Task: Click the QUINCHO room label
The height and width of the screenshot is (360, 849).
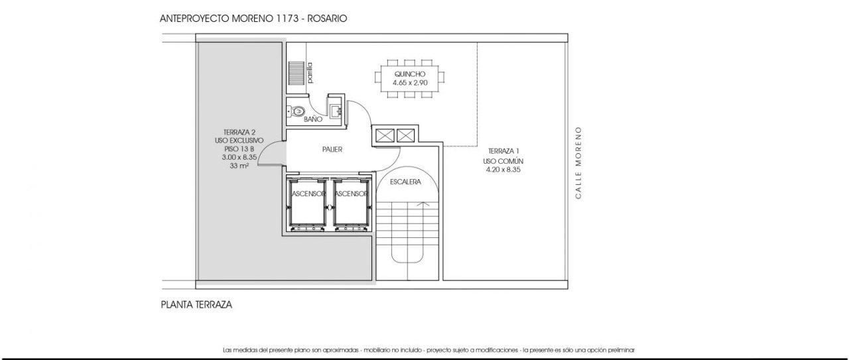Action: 410,74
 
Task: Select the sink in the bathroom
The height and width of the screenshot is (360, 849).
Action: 336,111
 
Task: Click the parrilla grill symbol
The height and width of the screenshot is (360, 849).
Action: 296,73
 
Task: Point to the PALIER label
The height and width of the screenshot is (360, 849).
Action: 332,149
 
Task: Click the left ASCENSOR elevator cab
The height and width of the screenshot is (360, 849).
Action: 307,205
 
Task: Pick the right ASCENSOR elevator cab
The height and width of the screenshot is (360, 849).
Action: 351,205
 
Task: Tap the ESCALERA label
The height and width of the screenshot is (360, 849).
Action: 405,182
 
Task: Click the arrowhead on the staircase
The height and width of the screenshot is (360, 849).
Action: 424,204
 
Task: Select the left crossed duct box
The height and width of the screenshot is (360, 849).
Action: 385,135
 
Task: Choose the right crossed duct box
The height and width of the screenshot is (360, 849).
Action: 405,135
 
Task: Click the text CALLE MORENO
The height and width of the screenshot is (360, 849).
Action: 578,162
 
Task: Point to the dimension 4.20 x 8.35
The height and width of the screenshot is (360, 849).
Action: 503,170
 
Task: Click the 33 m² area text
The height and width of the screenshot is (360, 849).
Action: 239,166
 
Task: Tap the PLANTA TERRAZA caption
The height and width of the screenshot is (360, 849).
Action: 196,305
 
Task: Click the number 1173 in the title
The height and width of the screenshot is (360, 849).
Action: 286,19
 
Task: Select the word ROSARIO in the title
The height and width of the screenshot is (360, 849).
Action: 327,19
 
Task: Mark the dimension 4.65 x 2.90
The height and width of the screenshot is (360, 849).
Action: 410,83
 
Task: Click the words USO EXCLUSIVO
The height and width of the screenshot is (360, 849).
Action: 239,141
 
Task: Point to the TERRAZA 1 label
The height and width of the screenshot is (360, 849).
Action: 503,150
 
